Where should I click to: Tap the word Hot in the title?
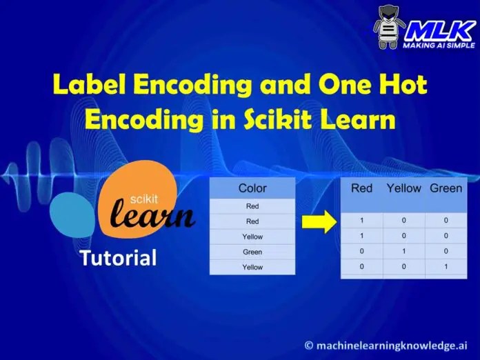coord(403,86)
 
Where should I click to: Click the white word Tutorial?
coord(118,259)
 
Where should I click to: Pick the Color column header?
coord(252,188)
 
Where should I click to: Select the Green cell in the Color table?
coord(252,252)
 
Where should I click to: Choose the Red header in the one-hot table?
coord(361,188)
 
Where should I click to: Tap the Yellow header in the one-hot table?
coord(403,188)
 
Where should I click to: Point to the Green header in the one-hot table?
coord(446,188)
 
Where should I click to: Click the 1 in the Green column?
coord(445,266)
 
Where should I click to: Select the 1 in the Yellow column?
coord(403,251)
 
